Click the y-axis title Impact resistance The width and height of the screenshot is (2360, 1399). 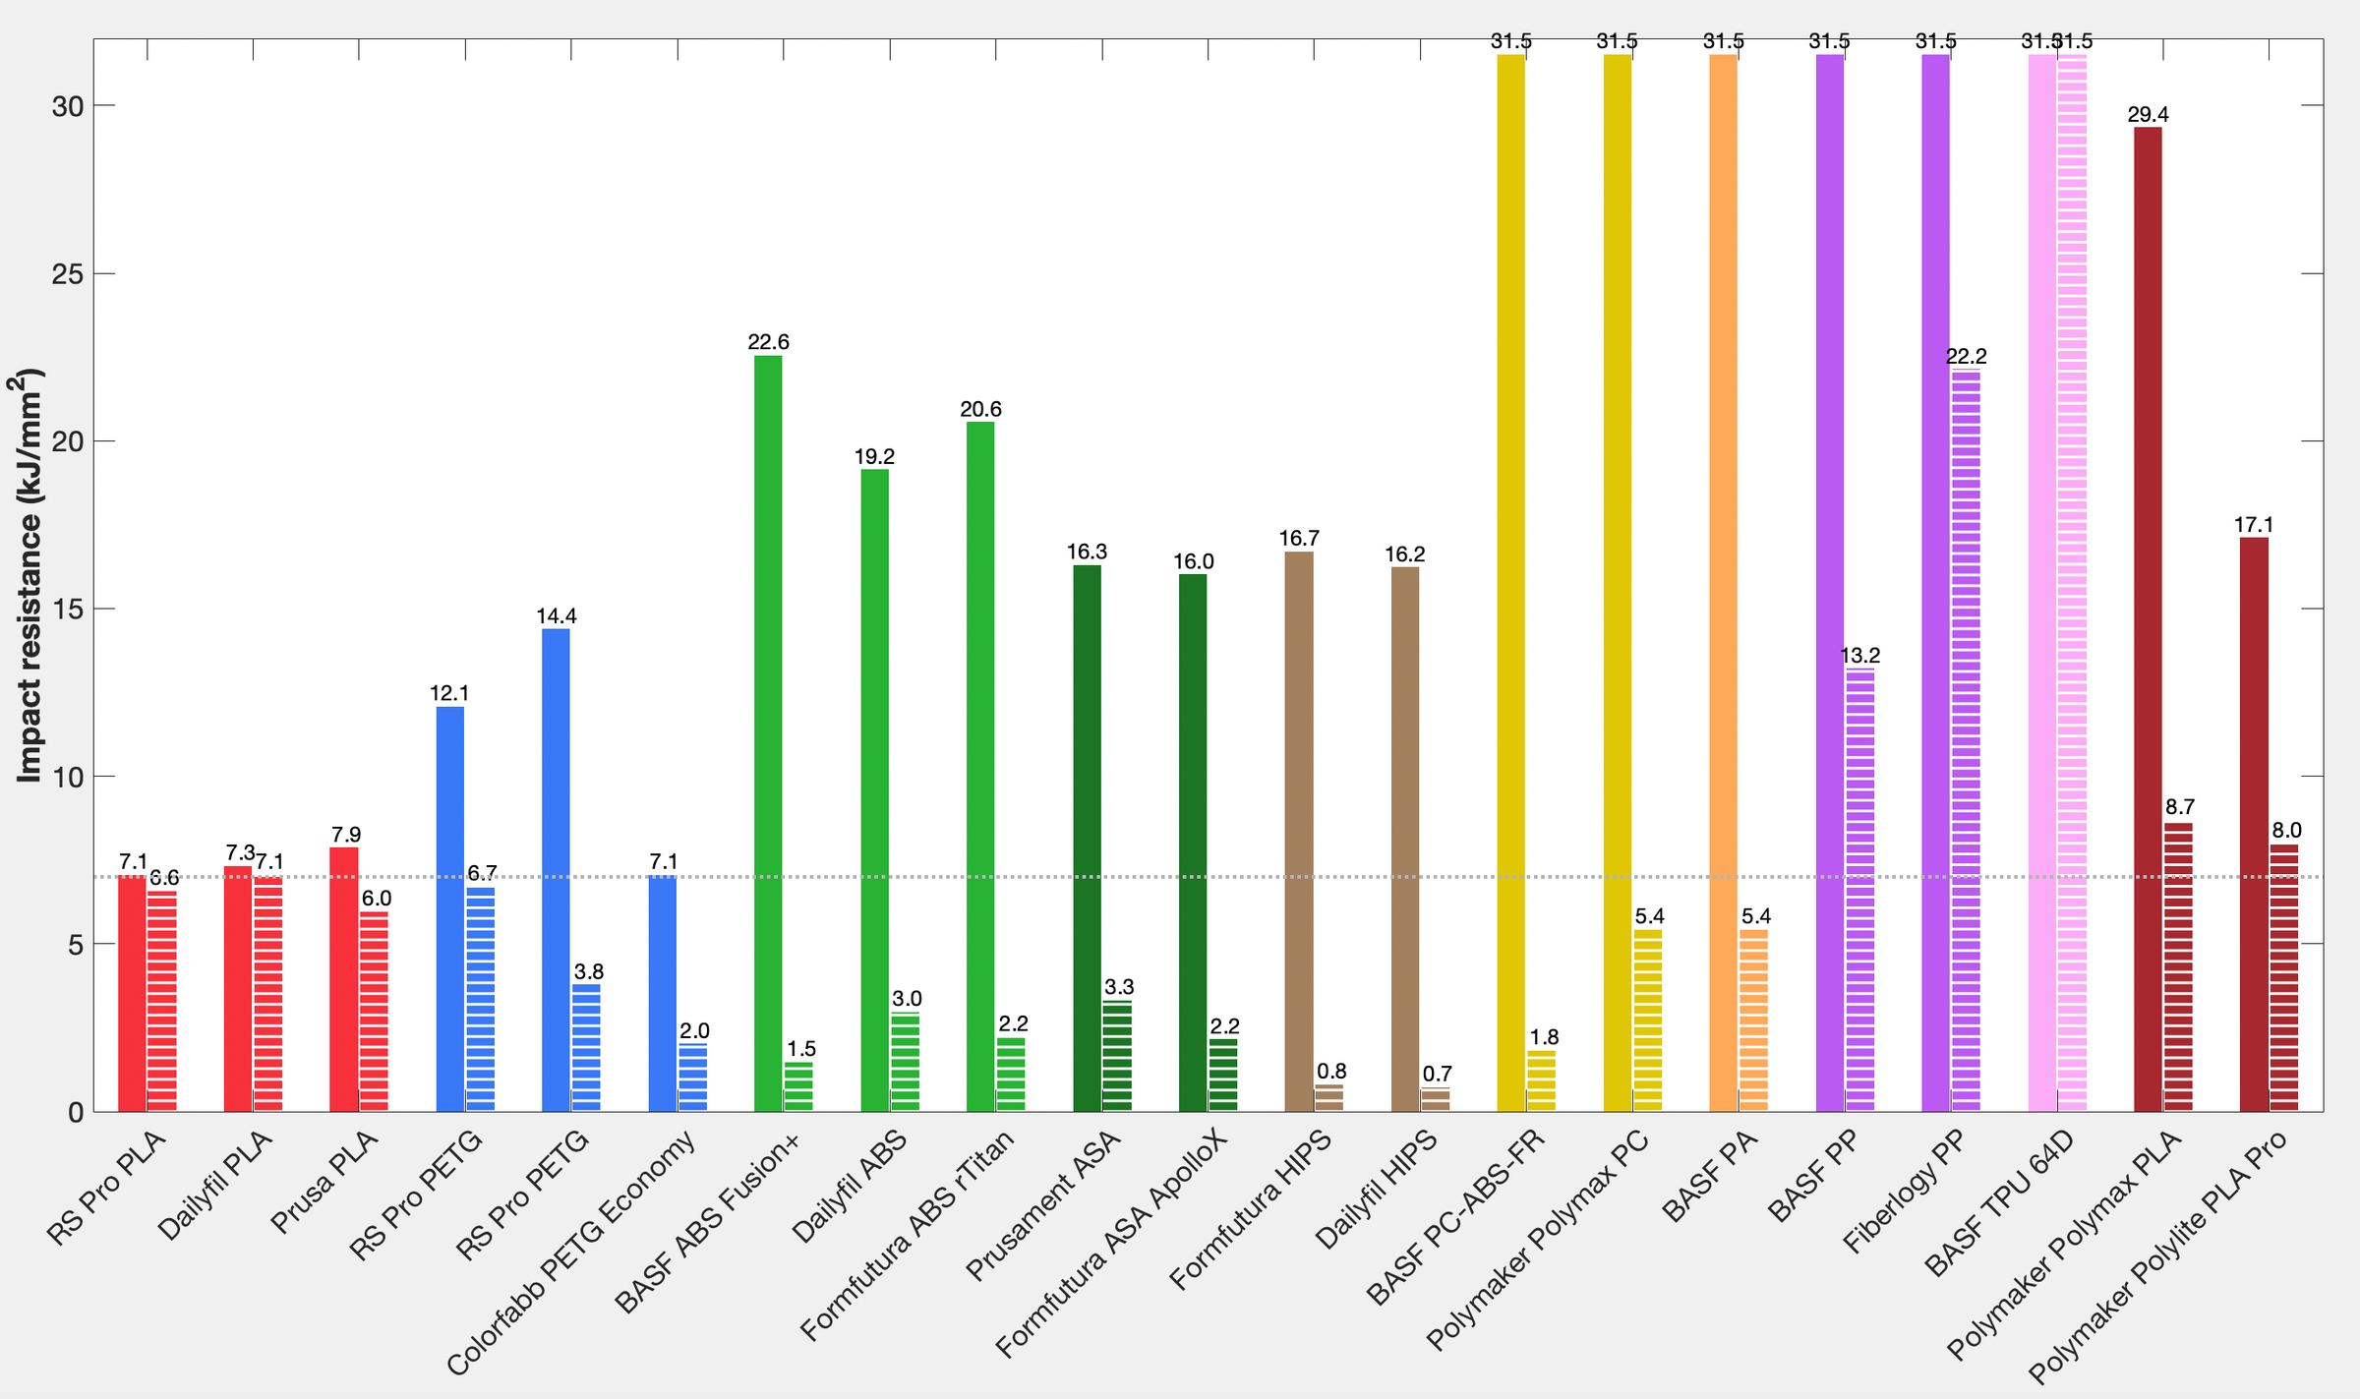(29, 575)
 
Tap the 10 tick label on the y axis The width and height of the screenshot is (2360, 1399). (67, 777)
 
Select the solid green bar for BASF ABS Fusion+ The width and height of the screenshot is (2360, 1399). (768, 732)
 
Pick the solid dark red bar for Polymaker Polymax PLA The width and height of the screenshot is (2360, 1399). (2148, 619)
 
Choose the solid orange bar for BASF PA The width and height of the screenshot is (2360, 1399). (1723, 583)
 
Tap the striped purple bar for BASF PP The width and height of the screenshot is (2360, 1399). (1859, 890)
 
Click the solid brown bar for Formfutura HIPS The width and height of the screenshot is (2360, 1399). (1299, 831)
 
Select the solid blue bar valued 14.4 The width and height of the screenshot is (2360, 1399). (556, 869)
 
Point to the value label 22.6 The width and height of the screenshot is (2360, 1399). (768, 342)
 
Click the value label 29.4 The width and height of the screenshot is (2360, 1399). (2148, 115)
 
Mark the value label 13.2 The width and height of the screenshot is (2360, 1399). (1859, 656)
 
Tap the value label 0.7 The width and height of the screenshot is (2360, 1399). (1437, 1074)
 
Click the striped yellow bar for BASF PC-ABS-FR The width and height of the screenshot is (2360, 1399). (1541, 1080)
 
